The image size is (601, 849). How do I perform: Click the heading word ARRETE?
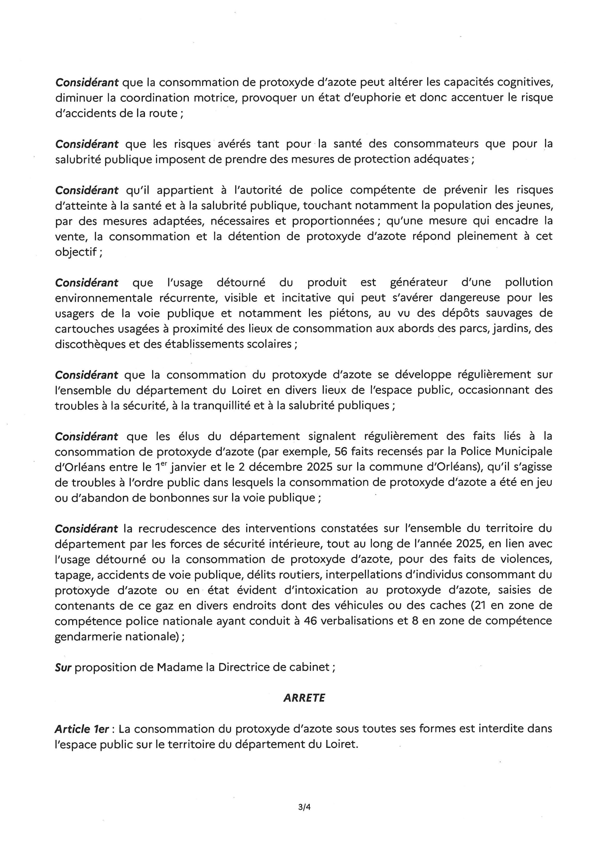coord(304,698)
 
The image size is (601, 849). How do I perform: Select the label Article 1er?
coord(82,729)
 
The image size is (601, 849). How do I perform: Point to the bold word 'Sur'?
coord(63,667)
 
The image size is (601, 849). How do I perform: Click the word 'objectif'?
coord(75,252)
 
